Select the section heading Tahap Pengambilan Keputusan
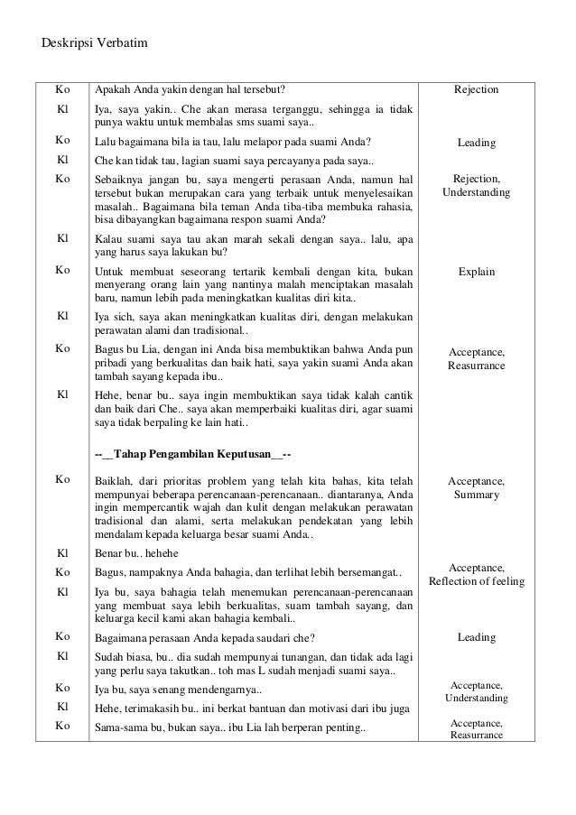tap(193, 452)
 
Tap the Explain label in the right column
tap(475, 271)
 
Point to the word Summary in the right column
tap(476, 495)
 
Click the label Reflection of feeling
tap(476, 581)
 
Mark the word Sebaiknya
tap(120, 180)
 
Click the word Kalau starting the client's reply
tap(109, 237)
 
